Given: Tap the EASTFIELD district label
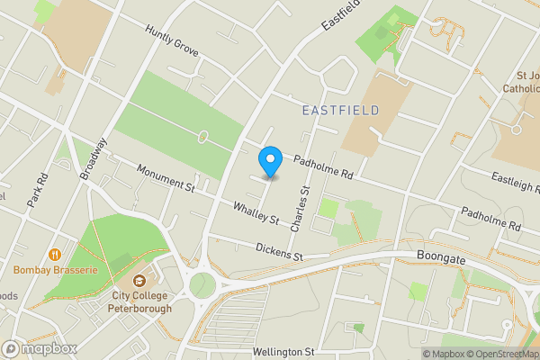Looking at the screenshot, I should [x=341, y=110].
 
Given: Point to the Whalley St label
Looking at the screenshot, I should [x=256, y=213].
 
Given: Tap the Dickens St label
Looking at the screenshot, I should [x=279, y=251].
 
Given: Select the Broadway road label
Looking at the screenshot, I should [x=94, y=158].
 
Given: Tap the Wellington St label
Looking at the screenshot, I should [x=283, y=351].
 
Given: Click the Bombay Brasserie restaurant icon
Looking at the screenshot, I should [x=56, y=255].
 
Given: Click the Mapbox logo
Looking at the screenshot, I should [x=40, y=348].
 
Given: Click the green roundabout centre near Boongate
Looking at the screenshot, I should [x=202, y=285].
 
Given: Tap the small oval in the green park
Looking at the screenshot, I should [x=203, y=137].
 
